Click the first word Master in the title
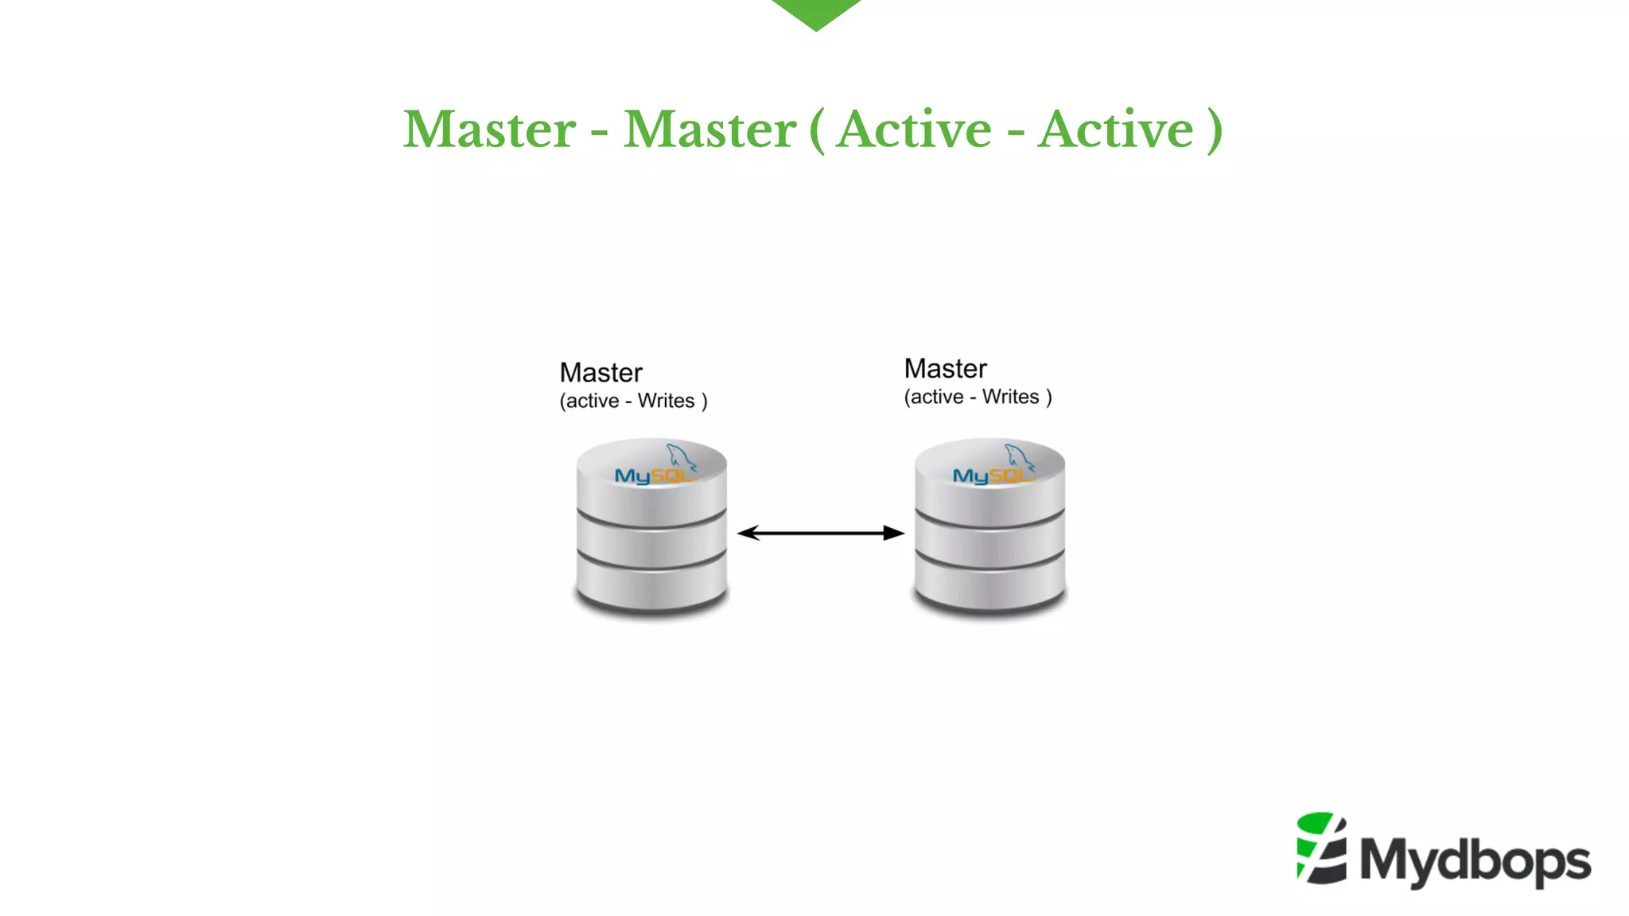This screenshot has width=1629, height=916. click(x=489, y=130)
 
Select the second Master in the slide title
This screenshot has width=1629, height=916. click(x=710, y=130)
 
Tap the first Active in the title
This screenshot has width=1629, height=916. click(x=915, y=130)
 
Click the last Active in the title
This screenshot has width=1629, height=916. click(x=1116, y=130)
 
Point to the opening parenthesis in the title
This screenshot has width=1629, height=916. click(x=817, y=131)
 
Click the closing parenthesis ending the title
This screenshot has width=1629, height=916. click(x=1214, y=131)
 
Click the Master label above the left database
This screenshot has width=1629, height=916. click(x=601, y=373)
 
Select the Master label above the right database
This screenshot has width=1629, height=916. click(x=945, y=369)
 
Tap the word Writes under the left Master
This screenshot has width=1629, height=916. click(x=666, y=401)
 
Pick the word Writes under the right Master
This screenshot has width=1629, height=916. click(x=1010, y=397)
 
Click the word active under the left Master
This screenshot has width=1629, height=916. click(x=593, y=401)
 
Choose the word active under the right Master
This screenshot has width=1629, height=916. click(x=937, y=397)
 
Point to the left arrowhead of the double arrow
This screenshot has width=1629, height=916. click(x=747, y=533)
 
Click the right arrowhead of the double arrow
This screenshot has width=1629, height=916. click(x=895, y=533)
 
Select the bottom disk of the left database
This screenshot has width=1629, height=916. click(x=651, y=586)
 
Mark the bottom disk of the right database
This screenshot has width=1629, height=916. click(x=989, y=586)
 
